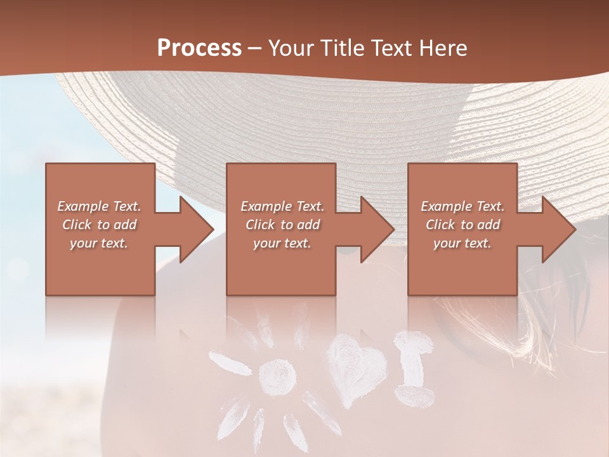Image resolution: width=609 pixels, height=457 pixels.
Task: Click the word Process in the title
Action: point(199,48)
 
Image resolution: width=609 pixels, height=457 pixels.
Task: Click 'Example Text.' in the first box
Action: point(99,206)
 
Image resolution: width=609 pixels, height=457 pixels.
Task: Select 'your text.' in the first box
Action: point(99,243)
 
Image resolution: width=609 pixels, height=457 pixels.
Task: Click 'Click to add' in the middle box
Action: point(282,225)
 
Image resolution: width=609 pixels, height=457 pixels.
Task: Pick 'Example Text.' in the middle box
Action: point(282,206)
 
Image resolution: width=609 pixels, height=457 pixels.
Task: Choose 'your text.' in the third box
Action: point(462,243)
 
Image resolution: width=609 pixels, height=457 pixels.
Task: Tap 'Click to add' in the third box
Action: point(462,225)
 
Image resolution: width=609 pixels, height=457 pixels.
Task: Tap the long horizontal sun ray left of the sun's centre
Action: point(230,364)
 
